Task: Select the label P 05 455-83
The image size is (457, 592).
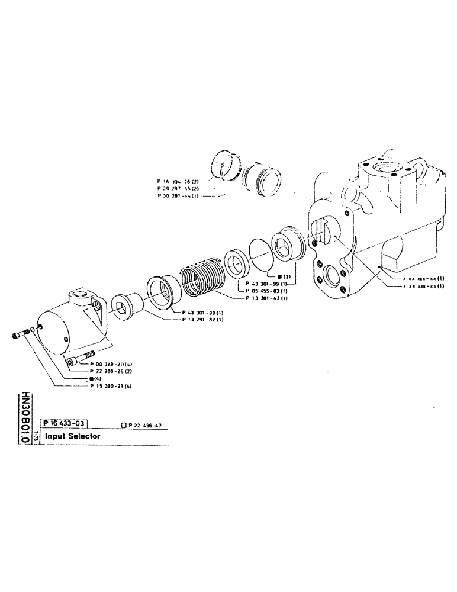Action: tap(266, 291)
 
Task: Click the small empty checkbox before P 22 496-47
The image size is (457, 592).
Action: tap(123, 424)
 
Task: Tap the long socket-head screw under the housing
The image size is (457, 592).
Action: tap(81, 359)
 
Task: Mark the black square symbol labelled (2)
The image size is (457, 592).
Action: tap(280, 276)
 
